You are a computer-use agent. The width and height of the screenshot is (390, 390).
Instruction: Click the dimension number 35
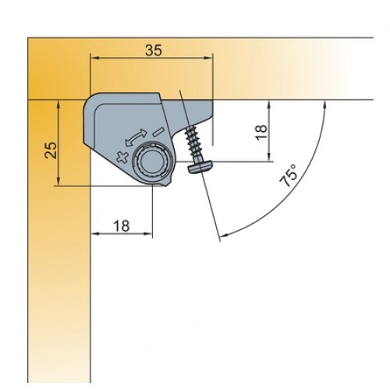[154, 50]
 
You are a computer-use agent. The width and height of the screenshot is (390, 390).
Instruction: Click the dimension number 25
[51, 150]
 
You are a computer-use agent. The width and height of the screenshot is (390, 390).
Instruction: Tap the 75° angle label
[289, 175]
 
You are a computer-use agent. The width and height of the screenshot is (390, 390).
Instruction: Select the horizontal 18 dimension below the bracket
[122, 225]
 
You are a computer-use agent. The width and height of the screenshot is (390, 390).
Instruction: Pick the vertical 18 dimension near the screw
[261, 133]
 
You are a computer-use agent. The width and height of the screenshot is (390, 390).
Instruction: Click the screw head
[200, 165]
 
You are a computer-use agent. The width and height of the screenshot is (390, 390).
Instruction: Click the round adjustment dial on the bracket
[151, 161]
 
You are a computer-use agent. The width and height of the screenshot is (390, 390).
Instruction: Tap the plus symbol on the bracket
[122, 157]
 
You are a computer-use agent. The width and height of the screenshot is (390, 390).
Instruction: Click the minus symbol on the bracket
[158, 132]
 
